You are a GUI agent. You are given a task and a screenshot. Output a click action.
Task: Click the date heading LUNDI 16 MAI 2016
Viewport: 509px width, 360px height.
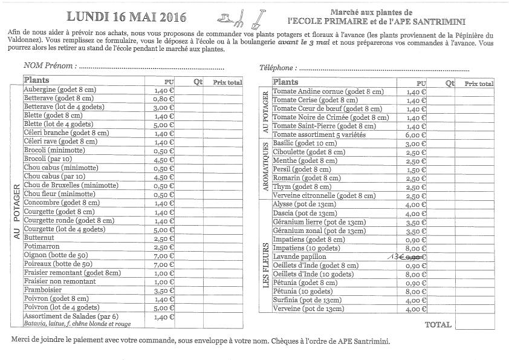click(126, 16)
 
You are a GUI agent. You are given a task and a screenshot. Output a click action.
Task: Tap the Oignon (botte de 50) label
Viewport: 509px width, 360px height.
click(56, 255)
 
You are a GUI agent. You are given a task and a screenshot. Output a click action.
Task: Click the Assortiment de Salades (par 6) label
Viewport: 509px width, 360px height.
click(71, 316)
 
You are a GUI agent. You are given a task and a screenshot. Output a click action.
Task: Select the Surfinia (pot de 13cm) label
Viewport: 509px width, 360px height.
click(307, 301)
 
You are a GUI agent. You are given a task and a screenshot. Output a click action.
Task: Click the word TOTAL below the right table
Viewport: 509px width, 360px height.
click(438, 324)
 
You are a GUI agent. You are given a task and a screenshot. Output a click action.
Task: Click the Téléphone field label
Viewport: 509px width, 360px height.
click(278, 68)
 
